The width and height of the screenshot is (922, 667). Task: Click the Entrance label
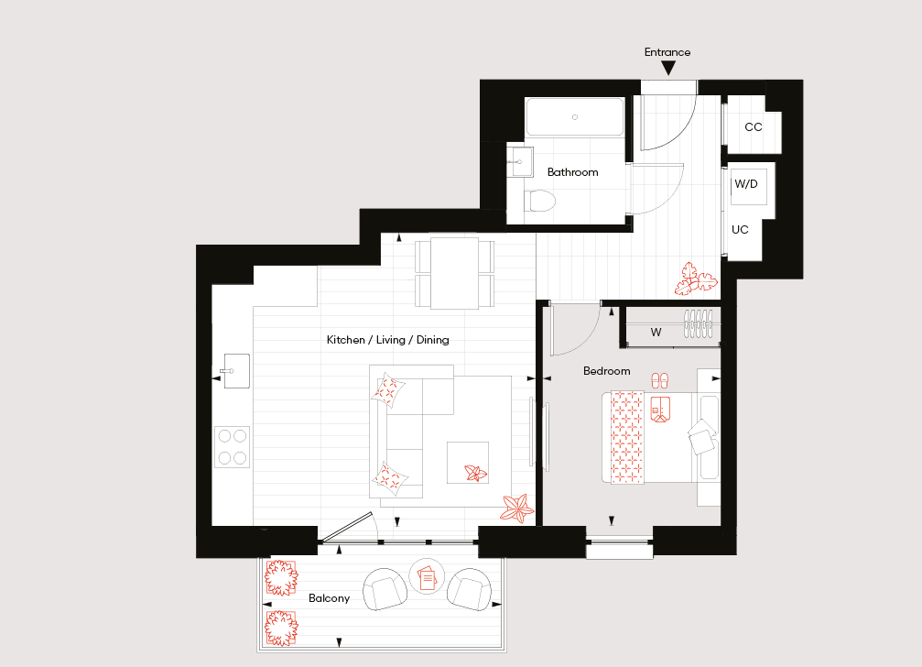tap(667, 52)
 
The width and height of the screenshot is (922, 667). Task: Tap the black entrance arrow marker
tap(668, 68)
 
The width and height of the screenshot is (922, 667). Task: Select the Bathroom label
tap(573, 172)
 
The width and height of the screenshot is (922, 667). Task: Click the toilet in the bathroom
tap(540, 201)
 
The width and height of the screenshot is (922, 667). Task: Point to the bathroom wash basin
tap(520, 162)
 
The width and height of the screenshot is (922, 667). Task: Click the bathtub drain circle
tap(575, 117)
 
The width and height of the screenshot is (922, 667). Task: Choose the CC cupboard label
tap(754, 127)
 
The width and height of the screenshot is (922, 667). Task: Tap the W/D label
tap(746, 184)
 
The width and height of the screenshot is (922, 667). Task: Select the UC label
tap(740, 229)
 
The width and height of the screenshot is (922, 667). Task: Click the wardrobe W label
tap(656, 333)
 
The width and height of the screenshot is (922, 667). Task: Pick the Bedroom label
tap(607, 371)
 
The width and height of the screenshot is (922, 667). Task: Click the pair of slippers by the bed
tap(660, 380)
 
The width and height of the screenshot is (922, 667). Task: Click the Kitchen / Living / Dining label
tap(387, 340)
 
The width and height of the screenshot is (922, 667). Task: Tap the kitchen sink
tap(236, 371)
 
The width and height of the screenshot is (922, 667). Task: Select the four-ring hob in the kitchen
tap(233, 447)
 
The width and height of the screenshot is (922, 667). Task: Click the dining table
tap(454, 273)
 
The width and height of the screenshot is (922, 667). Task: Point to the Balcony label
tap(330, 598)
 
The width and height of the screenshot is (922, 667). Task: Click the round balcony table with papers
tap(427, 576)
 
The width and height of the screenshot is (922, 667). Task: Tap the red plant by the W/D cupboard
tap(695, 279)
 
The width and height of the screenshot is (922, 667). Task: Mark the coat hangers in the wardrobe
tap(698, 323)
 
